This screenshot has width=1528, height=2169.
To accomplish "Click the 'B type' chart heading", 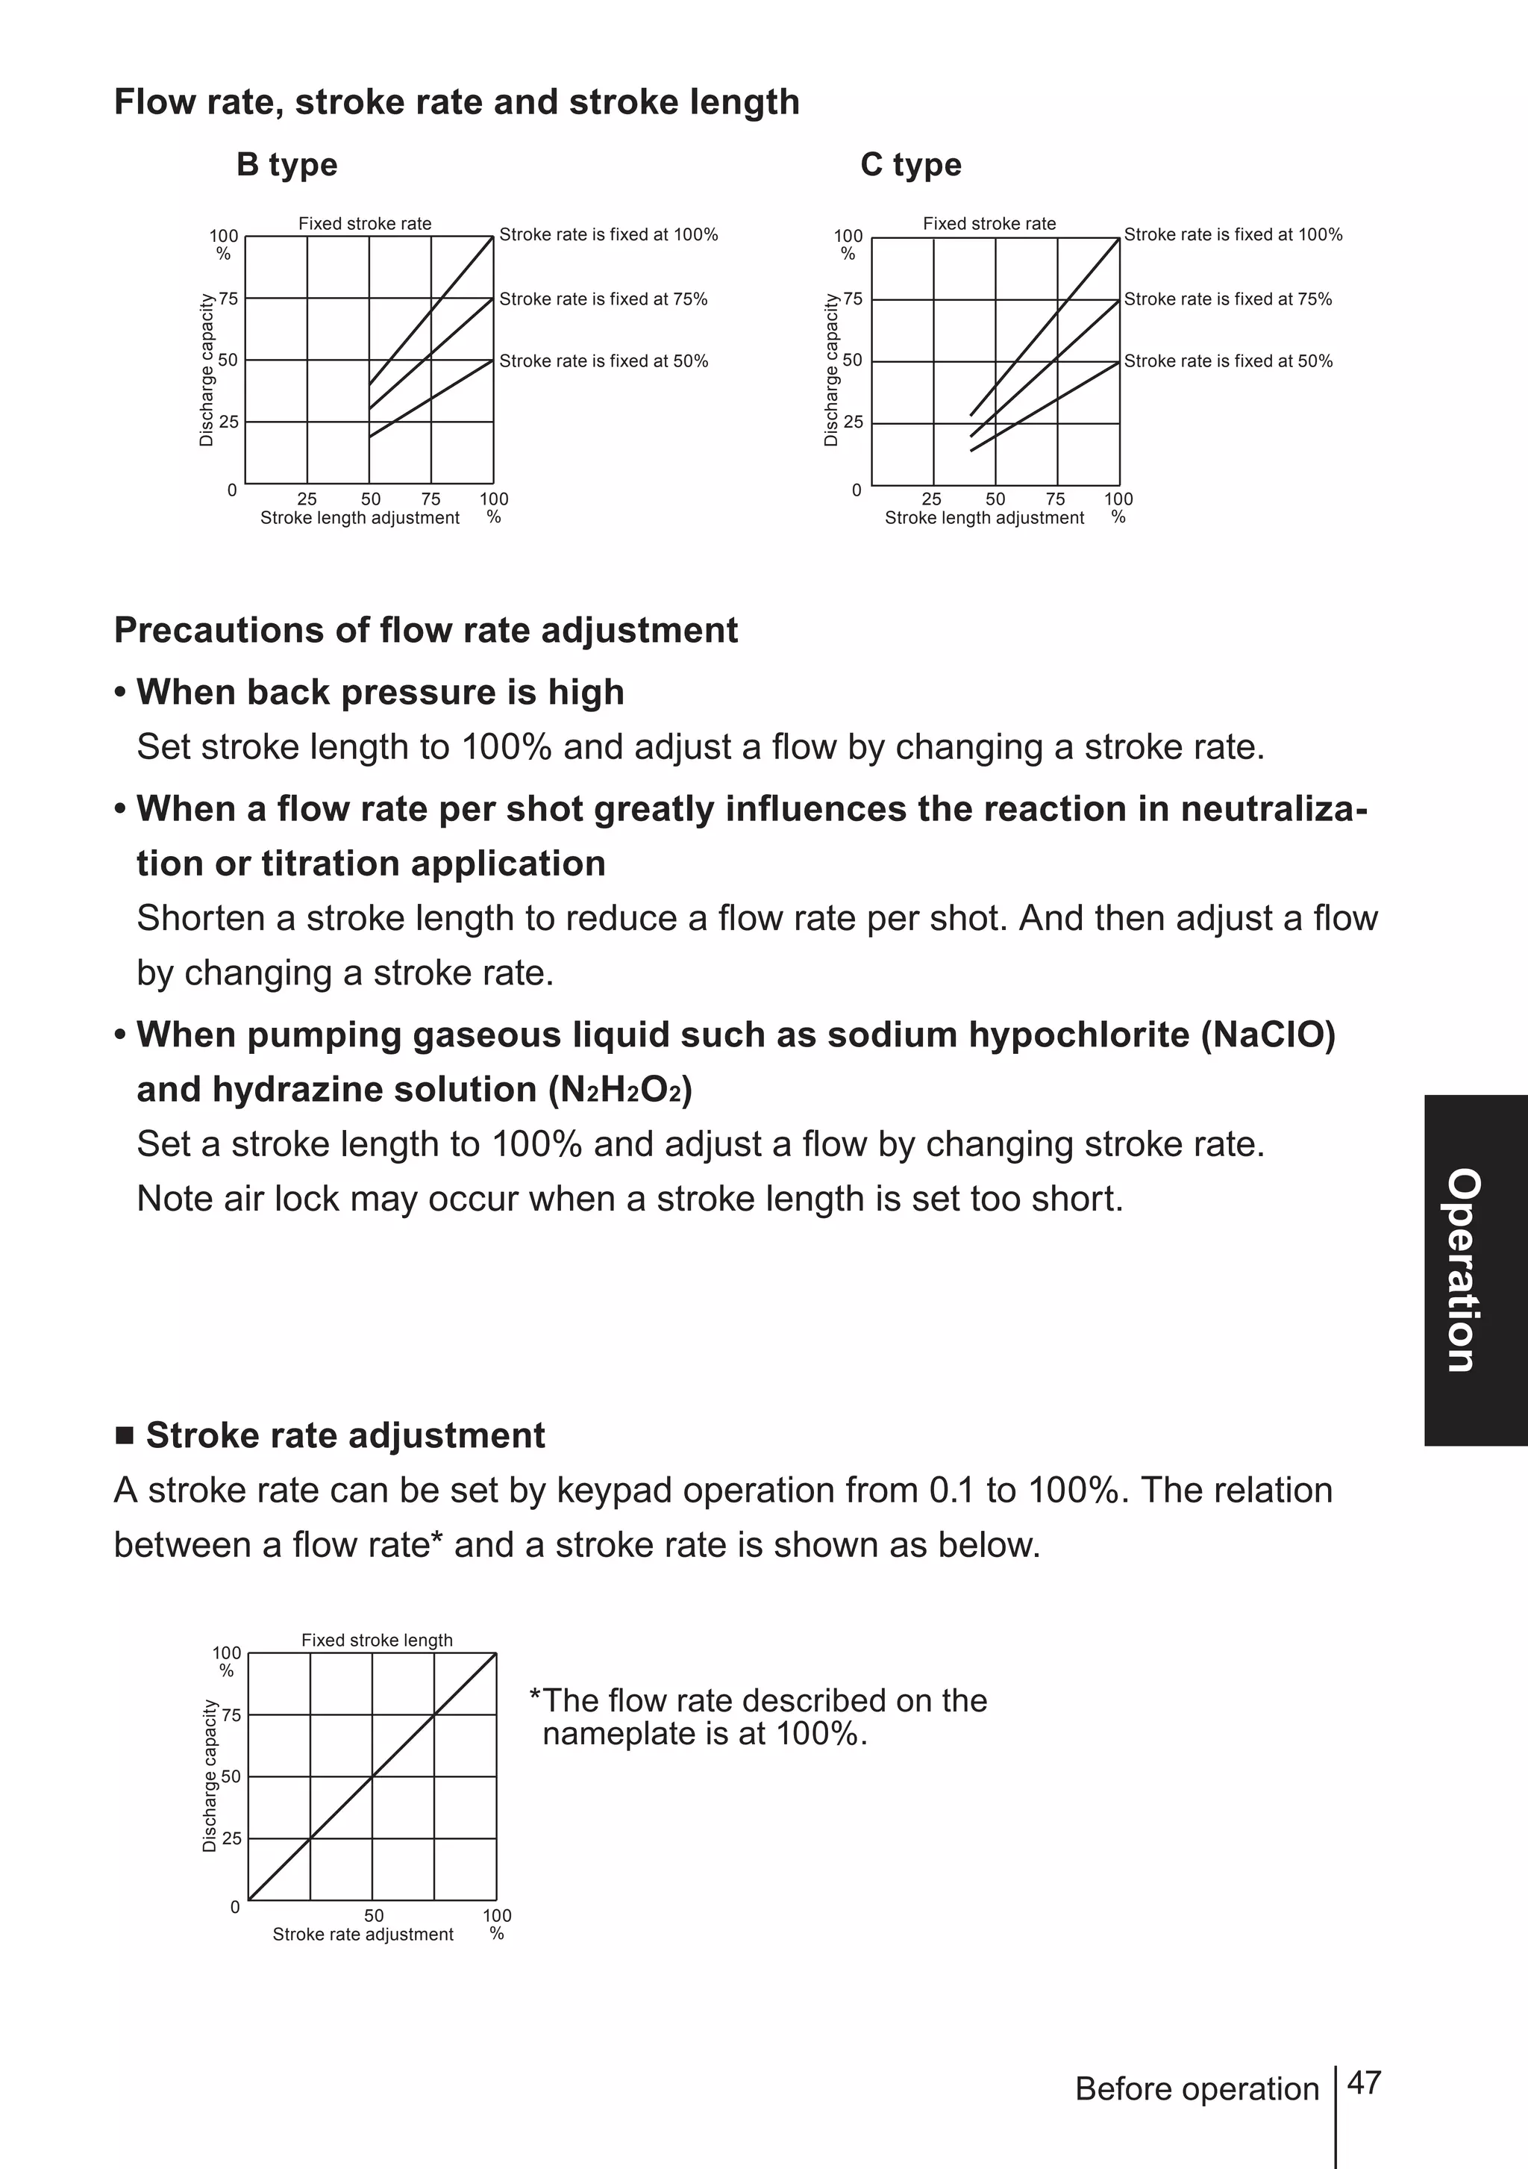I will coord(286,164).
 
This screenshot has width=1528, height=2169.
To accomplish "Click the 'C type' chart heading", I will coord(910,164).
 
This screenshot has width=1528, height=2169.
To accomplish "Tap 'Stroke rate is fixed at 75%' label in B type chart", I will coord(603,299).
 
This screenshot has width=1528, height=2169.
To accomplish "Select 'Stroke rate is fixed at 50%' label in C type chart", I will coord(1227,361).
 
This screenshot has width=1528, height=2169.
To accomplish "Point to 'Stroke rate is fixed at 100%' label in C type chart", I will coord(1233,234).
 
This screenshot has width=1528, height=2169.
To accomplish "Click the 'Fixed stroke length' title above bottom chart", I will coord(377,1640).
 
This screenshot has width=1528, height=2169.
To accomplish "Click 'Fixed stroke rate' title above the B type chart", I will coord(365,224).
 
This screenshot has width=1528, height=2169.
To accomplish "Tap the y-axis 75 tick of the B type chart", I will coord(228,299).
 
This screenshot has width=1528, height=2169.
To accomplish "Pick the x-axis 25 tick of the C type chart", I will coord(931,499).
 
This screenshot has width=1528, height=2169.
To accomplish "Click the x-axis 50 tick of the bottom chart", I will coord(374,1915).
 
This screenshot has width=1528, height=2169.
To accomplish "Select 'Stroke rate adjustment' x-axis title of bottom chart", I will coord(363,1934).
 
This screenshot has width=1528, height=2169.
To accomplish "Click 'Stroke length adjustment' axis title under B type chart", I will coord(360,518).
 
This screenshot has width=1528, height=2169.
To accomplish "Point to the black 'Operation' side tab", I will coord(1474,1270).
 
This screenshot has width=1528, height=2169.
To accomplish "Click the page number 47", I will coord(1364,2082).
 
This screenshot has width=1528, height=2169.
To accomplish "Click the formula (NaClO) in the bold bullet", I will coord(1268,1035).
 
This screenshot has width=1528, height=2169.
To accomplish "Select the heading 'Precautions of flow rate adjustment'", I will coord(425,630).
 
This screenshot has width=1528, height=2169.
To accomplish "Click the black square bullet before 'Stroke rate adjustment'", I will coord(125,1437).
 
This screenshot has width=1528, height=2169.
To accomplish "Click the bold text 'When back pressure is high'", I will coord(380,693).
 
